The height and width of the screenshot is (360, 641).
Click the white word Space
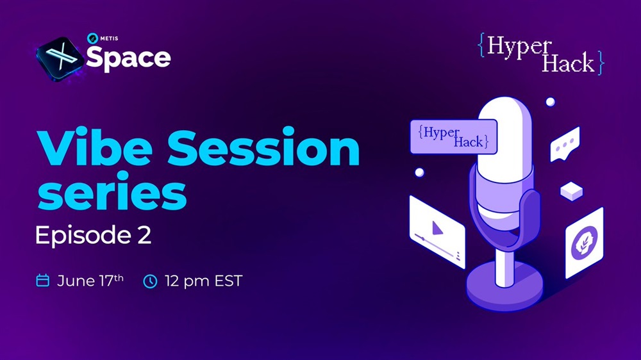(128, 58)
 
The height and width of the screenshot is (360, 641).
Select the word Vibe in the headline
(94, 146)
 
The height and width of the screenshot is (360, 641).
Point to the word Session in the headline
(263, 146)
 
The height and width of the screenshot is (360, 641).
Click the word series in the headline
(112, 191)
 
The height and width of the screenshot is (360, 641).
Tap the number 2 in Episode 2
(144, 235)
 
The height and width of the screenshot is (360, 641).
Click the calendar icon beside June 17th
(42, 281)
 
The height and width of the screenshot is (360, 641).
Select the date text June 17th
(90, 281)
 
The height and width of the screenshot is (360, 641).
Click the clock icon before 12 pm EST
(150, 281)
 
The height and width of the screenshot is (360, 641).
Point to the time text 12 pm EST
(204, 281)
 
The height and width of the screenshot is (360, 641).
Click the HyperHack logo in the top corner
(541, 54)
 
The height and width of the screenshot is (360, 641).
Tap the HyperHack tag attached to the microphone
(453, 136)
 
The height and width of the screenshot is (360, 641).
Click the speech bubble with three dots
(565, 144)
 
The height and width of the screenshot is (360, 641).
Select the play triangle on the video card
(437, 228)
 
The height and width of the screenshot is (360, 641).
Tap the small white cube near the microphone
(571, 192)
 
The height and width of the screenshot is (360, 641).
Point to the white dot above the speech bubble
(550, 101)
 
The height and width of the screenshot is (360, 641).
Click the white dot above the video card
(419, 172)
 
